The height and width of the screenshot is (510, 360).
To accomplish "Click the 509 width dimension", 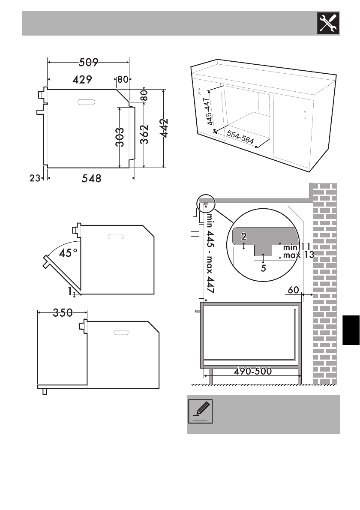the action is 88,62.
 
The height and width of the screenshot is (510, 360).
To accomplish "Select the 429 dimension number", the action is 82,79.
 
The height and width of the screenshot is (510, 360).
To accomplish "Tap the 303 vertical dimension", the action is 120,137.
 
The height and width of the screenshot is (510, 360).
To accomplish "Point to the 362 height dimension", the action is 144,134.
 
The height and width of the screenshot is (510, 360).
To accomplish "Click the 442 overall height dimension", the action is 165,128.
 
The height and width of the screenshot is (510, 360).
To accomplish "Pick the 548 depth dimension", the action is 91,179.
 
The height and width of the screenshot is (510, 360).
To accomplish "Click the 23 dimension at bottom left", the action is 35,178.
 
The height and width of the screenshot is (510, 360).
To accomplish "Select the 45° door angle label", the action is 68,253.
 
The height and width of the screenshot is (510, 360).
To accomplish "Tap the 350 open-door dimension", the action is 63,313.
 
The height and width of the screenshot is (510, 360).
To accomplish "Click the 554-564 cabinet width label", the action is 240,137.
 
